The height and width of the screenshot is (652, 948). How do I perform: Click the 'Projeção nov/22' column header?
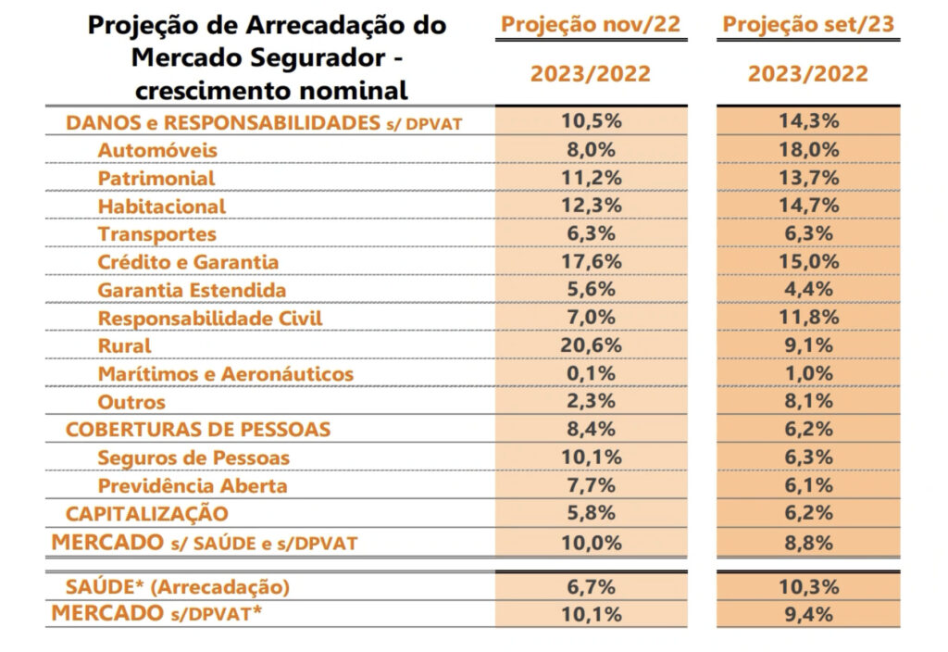(590, 24)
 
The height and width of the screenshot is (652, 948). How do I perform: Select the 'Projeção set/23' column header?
(808, 24)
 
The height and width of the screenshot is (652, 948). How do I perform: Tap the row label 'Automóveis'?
(157, 150)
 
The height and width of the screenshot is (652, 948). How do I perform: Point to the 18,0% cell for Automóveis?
(808, 150)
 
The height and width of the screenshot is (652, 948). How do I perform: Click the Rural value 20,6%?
(591, 345)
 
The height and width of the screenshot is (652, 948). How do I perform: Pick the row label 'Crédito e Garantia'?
(188, 262)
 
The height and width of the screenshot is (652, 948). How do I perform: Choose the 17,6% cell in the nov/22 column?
(591, 262)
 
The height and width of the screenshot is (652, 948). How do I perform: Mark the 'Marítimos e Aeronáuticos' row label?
(225, 373)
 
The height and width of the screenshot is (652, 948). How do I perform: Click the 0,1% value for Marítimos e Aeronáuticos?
(591, 373)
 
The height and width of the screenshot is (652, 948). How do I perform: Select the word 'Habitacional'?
(161, 206)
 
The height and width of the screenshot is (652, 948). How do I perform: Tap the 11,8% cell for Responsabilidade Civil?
(808, 318)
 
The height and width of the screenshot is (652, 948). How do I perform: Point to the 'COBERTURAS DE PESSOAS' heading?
(197, 430)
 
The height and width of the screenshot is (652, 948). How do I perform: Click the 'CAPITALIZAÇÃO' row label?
(146, 513)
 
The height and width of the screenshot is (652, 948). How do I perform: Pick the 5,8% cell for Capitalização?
(591, 513)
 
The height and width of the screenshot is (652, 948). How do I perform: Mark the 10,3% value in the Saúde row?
(808, 586)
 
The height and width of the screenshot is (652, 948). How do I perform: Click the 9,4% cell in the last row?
(808, 613)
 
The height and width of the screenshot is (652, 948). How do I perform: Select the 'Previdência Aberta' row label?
(193, 485)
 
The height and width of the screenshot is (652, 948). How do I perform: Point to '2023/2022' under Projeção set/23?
(808, 74)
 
